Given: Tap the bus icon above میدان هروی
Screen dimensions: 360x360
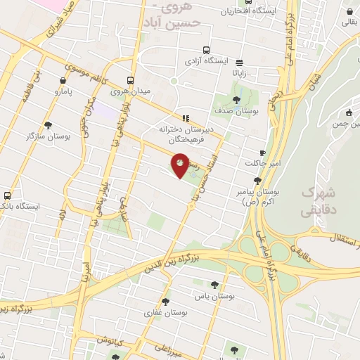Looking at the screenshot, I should [x=130, y=80].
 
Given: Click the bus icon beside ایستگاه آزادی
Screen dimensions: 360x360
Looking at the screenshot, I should [x=206, y=50].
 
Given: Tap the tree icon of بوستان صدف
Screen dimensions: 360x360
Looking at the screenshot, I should [x=236, y=100].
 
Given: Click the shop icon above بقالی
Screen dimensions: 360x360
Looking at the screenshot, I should [x=349, y=11].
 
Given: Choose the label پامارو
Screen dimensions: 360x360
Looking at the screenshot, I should [x=67, y=91].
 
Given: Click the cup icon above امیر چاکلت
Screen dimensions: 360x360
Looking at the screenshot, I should [x=262, y=153].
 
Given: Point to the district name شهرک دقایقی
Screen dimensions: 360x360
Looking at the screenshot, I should [x=318, y=201].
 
